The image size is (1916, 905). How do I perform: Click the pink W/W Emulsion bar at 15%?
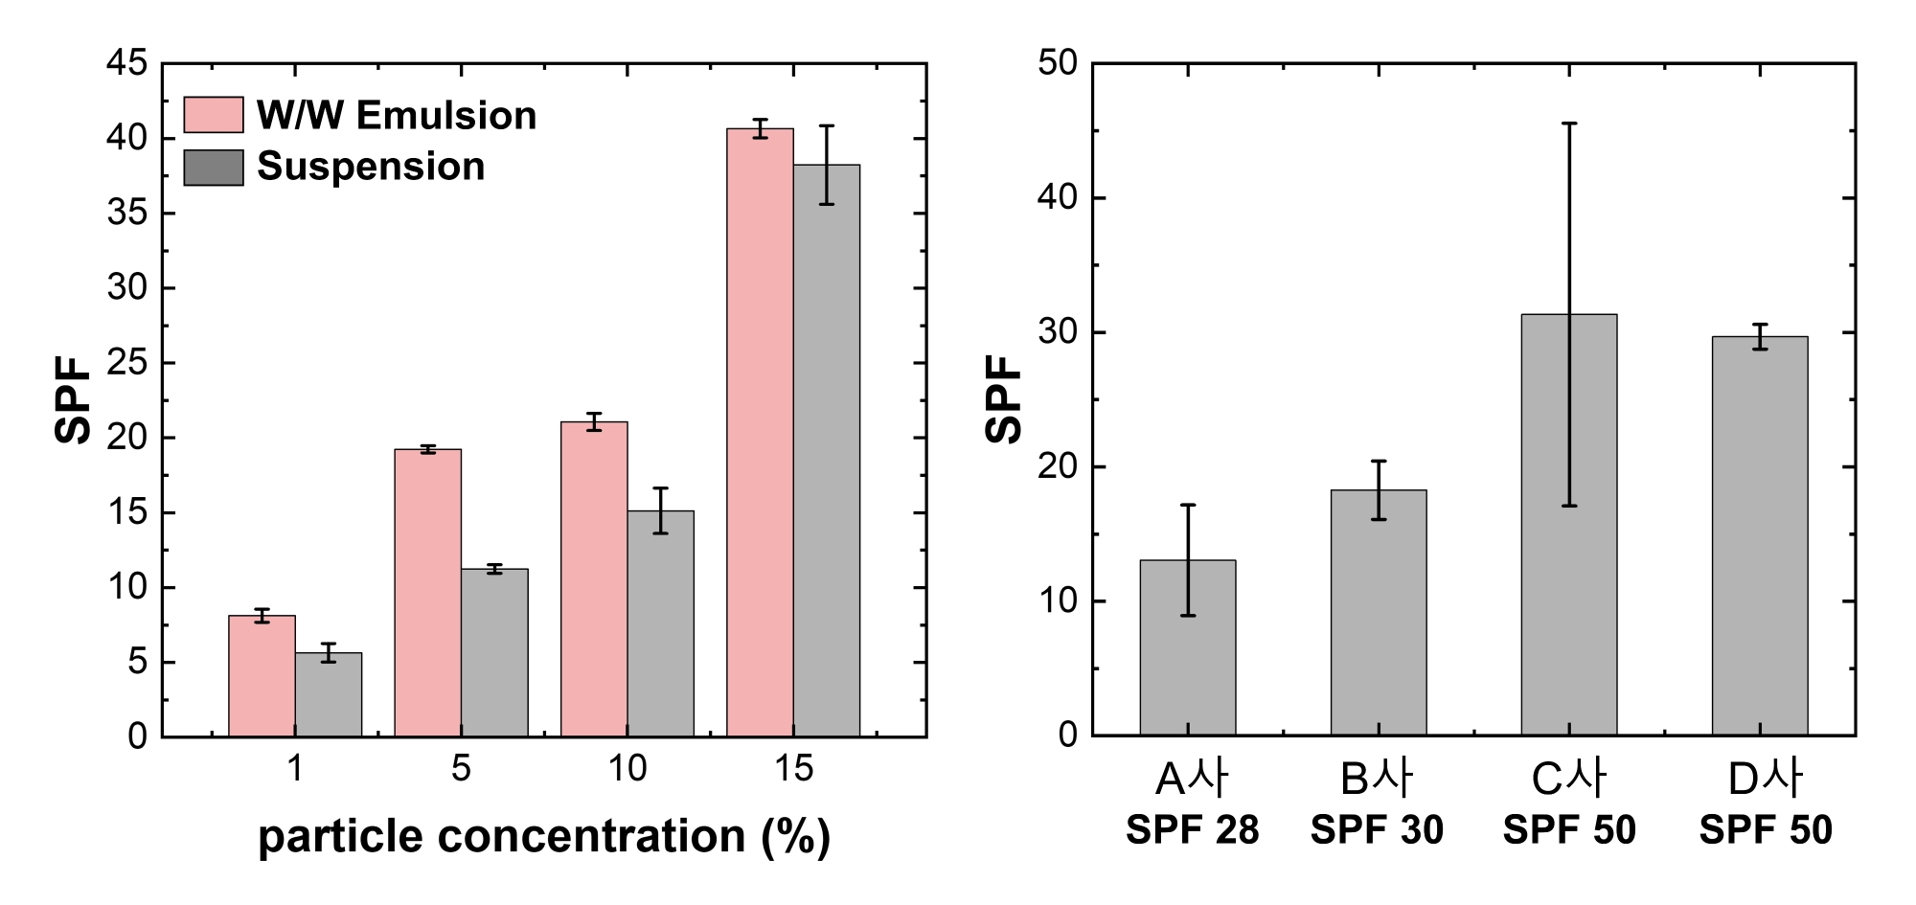coord(760,431)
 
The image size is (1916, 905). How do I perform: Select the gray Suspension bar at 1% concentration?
coord(328,694)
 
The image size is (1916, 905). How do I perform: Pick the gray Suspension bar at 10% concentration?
coord(660,622)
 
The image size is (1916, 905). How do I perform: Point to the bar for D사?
coord(1760,535)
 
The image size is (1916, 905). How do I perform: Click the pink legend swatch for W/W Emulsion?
coord(213,115)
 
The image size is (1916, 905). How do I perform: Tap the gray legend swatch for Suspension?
coord(213,167)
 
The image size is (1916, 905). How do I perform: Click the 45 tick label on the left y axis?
coord(127,64)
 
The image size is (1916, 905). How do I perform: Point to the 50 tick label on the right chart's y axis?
coord(1057,64)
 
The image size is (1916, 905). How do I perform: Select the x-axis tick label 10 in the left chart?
coord(627,768)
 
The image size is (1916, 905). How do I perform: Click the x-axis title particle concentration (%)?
coord(543,836)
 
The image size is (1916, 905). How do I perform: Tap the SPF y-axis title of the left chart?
coord(73,399)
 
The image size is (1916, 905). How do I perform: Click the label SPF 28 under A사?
coord(1192,829)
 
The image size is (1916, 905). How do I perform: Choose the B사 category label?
coord(1377,780)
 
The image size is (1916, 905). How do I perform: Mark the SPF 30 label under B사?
coord(1377,829)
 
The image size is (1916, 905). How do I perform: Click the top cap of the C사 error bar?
coord(1569,124)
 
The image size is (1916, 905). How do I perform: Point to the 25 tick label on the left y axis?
coord(127,363)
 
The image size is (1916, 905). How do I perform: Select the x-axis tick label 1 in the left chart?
coord(295,768)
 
